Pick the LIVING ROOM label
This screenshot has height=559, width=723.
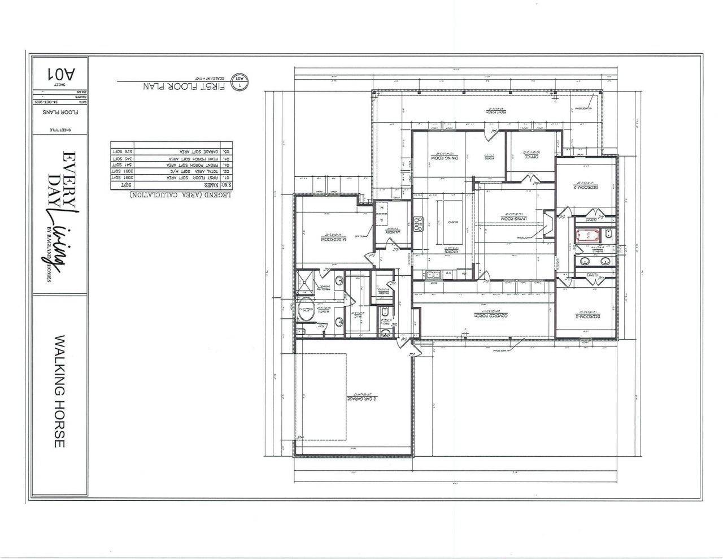(513, 218)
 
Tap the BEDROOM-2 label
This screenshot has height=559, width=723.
(585, 187)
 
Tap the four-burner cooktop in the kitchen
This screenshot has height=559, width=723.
(419, 224)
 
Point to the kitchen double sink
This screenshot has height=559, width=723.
(434, 275)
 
